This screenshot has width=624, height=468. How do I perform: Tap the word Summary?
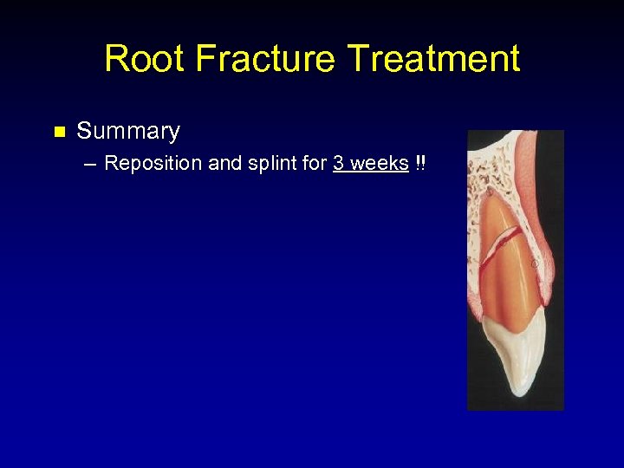pyautogui.click(x=128, y=132)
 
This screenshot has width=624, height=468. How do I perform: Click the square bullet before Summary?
pyautogui.click(x=59, y=133)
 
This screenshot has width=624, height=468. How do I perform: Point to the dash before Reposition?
pyautogui.click(x=91, y=164)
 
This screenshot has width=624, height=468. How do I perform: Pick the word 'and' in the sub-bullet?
pyautogui.click(x=225, y=164)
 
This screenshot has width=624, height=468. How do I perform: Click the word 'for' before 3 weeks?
pyautogui.click(x=314, y=164)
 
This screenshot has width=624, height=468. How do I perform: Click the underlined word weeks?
pyautogui.click(x=380, y=164)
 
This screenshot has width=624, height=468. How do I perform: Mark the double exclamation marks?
pyautogui.click(x=420, y=164)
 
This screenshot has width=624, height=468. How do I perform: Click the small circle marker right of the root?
pyautogui.click(x=535, y=263)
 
